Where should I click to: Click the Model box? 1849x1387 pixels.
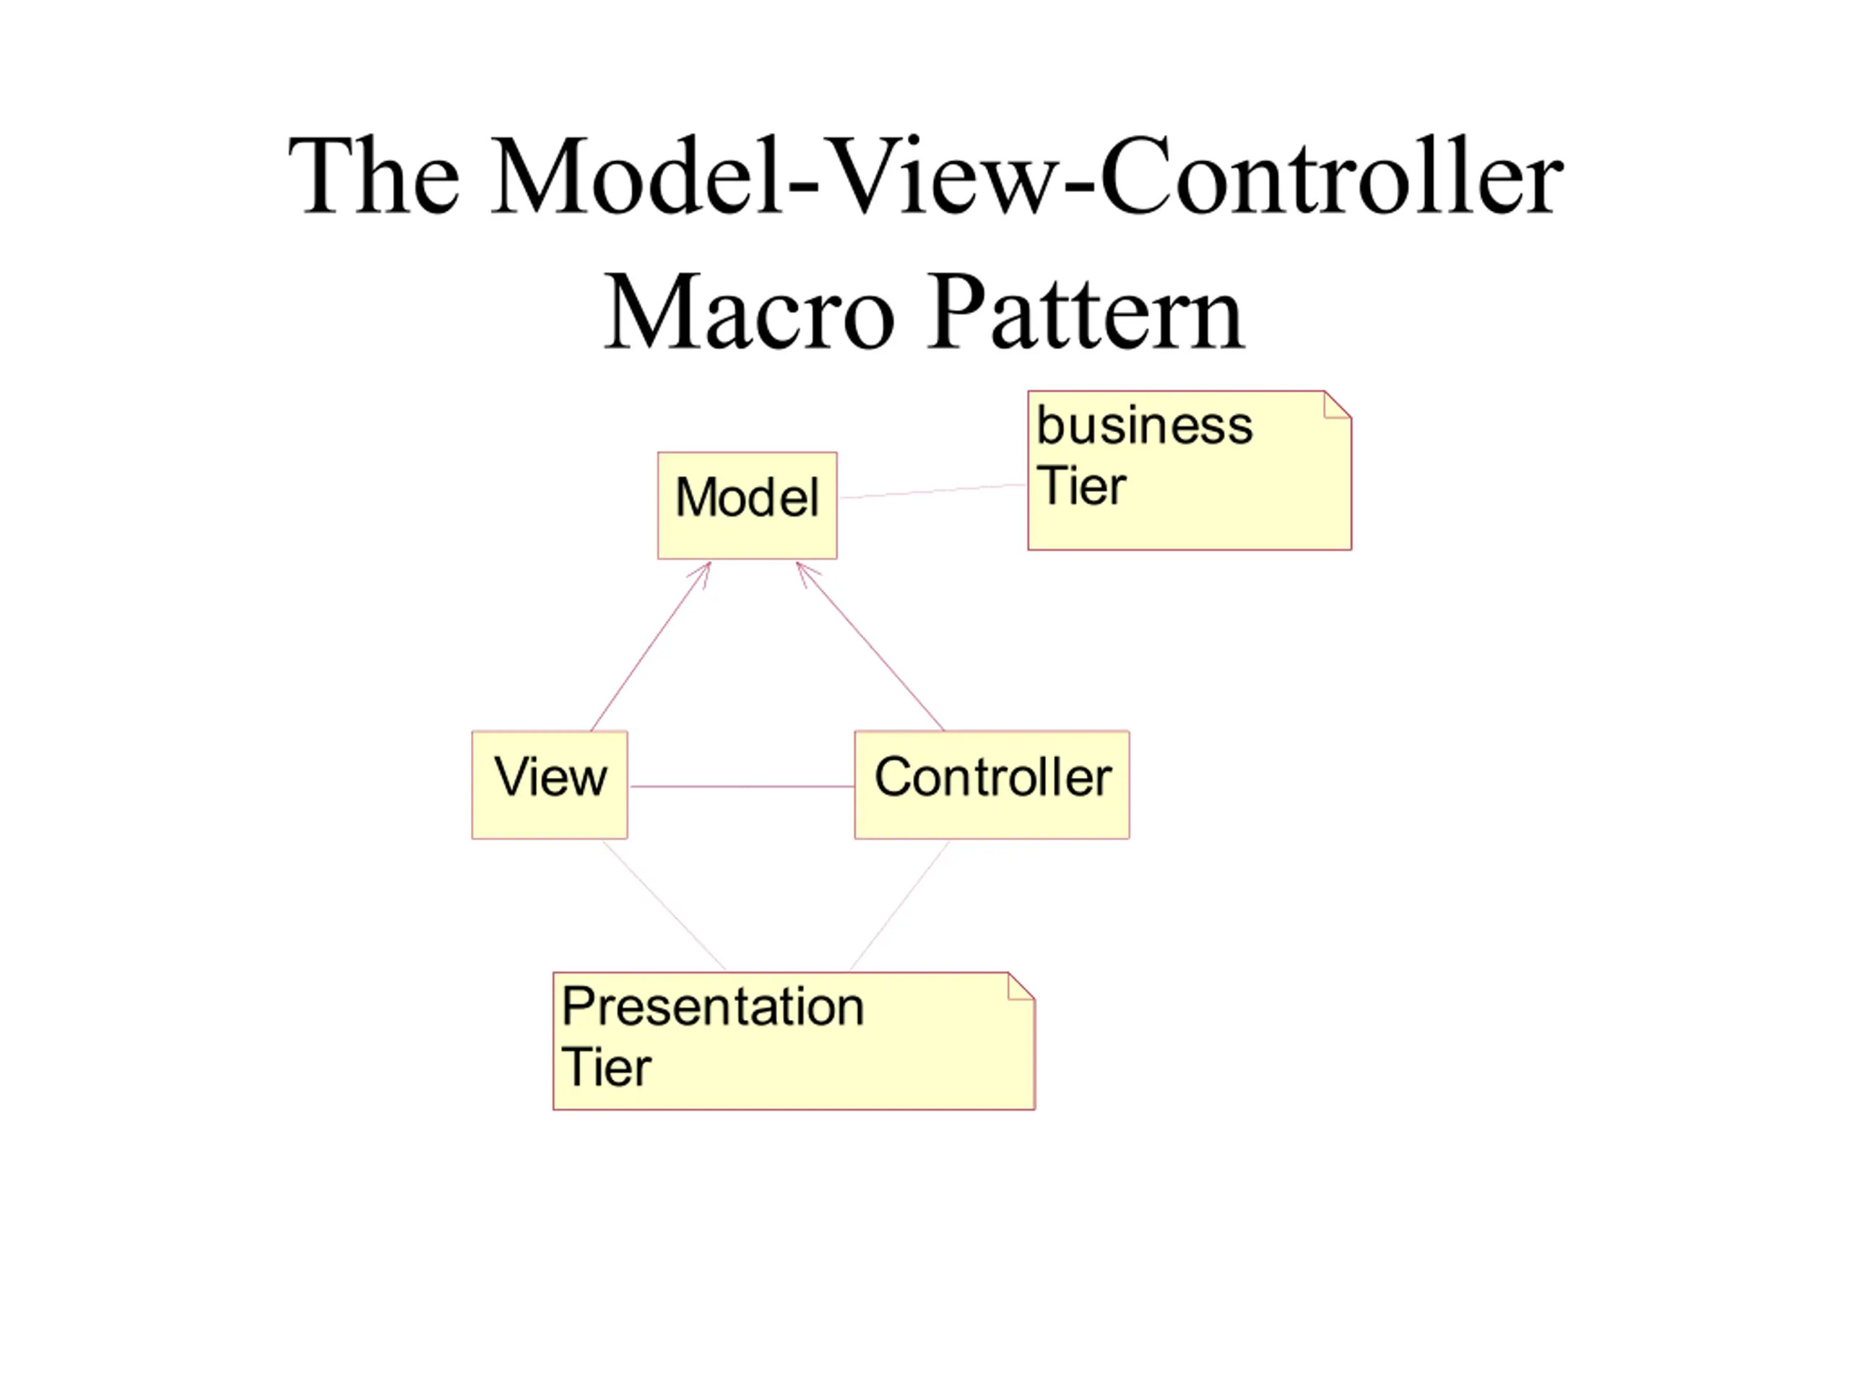(748, 506)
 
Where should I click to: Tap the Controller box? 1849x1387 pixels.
(992, 785)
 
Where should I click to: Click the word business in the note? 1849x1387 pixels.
(1144, 425)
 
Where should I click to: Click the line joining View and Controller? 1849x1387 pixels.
(742, 787)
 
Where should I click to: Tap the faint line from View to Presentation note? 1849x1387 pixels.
(664, 905)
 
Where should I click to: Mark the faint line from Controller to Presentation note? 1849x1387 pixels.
(899, 905)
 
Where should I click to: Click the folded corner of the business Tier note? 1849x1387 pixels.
(1338, 405)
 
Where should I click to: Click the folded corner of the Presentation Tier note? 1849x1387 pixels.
(1021, 985)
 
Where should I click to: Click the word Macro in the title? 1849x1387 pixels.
(749, 312)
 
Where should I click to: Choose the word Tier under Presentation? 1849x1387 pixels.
(606, 1068)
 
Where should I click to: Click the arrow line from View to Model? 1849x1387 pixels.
(650, 647)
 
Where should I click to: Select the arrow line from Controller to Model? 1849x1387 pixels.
(870, 647)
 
